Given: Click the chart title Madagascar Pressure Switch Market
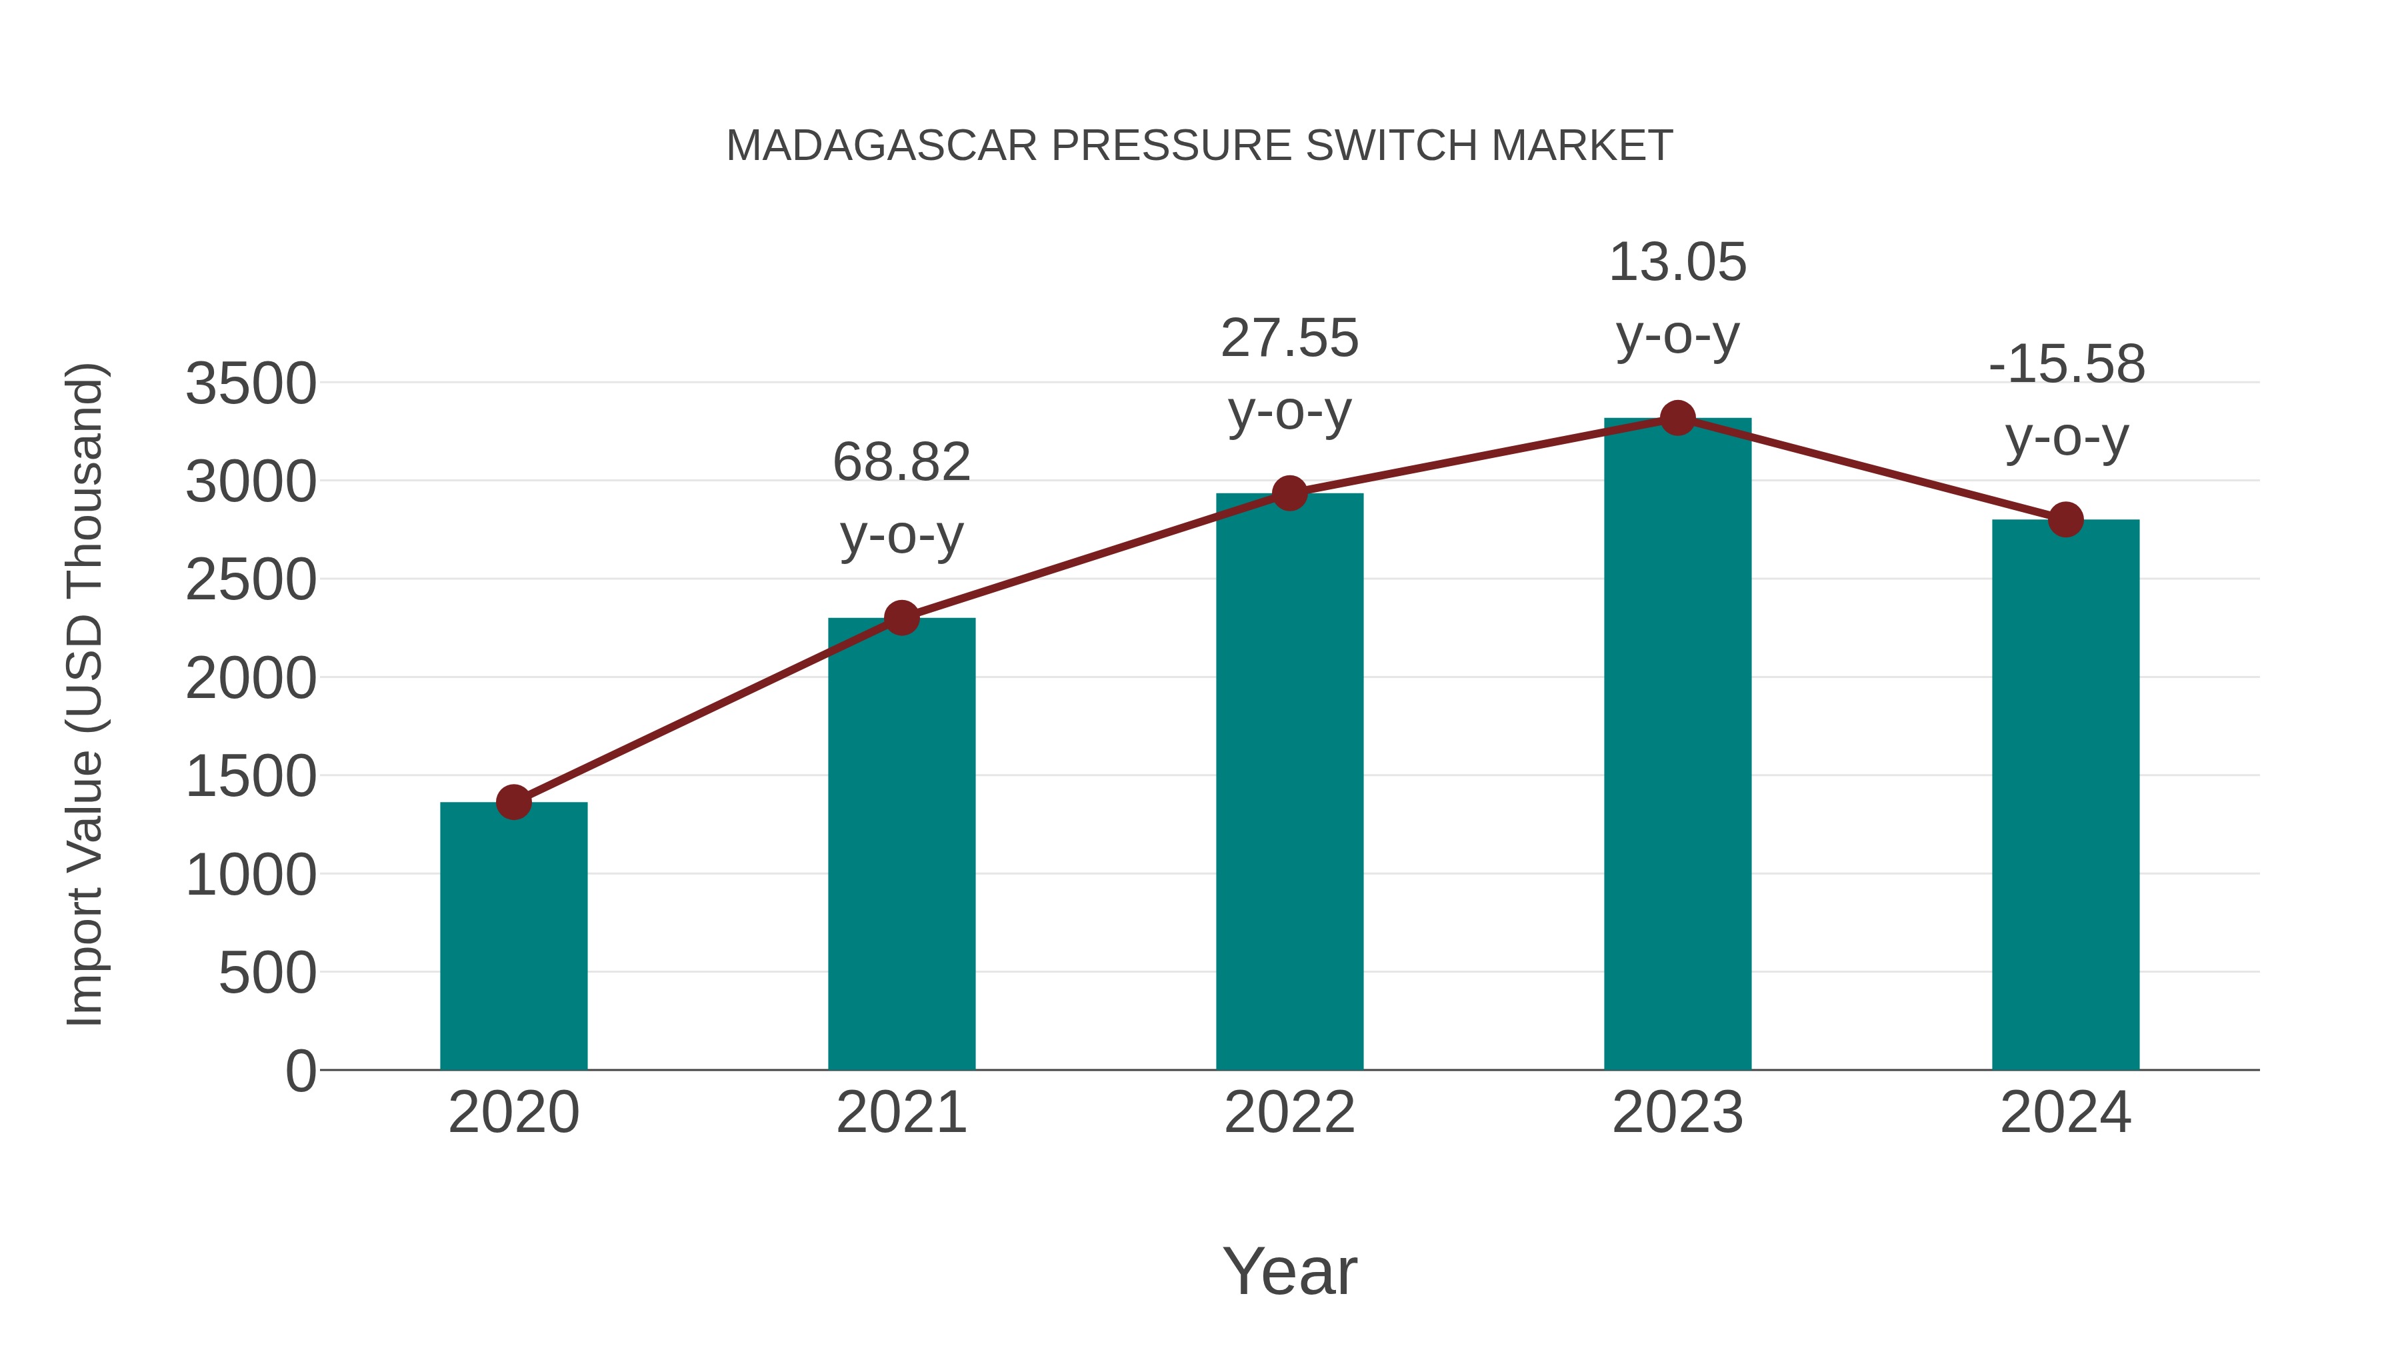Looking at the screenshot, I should point(1199,146).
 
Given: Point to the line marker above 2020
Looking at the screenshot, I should point(513,801).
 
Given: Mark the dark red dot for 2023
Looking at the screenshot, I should point(1677,418).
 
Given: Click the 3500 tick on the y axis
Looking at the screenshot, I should point(251,384).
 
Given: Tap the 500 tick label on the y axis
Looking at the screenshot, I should point(267,973).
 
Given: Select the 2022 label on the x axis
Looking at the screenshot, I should point(1289,1113).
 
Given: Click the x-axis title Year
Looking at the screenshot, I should point(1289,1271).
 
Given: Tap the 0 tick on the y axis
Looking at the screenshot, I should point(301,1071).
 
